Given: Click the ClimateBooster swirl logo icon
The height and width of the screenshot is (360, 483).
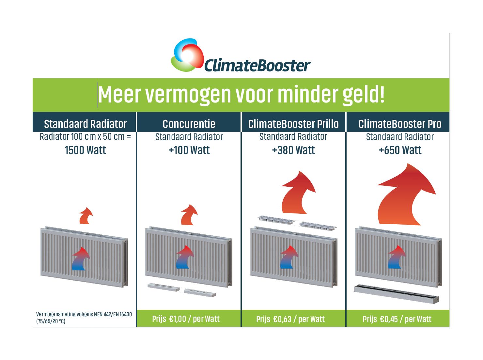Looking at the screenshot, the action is tap(187, 55).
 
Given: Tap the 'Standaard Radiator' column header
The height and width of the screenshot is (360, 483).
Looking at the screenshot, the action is tap(86, 124).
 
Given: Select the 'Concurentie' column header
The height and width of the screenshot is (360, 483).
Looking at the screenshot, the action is tap(189, 124).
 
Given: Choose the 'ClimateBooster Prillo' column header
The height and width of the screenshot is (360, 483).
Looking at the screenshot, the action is tap(293, 124).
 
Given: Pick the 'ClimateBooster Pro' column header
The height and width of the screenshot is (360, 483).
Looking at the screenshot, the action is tap(400, 124).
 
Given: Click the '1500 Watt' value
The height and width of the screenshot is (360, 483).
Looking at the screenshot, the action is tap(86, 150).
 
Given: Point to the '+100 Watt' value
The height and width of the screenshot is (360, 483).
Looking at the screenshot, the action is tap(189, 150).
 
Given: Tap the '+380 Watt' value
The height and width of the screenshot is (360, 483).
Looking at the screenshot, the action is tap(293, 150).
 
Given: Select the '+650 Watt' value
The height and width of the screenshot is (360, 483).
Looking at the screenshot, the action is tap(400, 150).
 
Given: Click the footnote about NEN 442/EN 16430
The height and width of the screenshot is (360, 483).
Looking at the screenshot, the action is tap(84, 318).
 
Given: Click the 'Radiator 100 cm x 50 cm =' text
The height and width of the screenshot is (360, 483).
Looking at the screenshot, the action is tap(86, 137).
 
